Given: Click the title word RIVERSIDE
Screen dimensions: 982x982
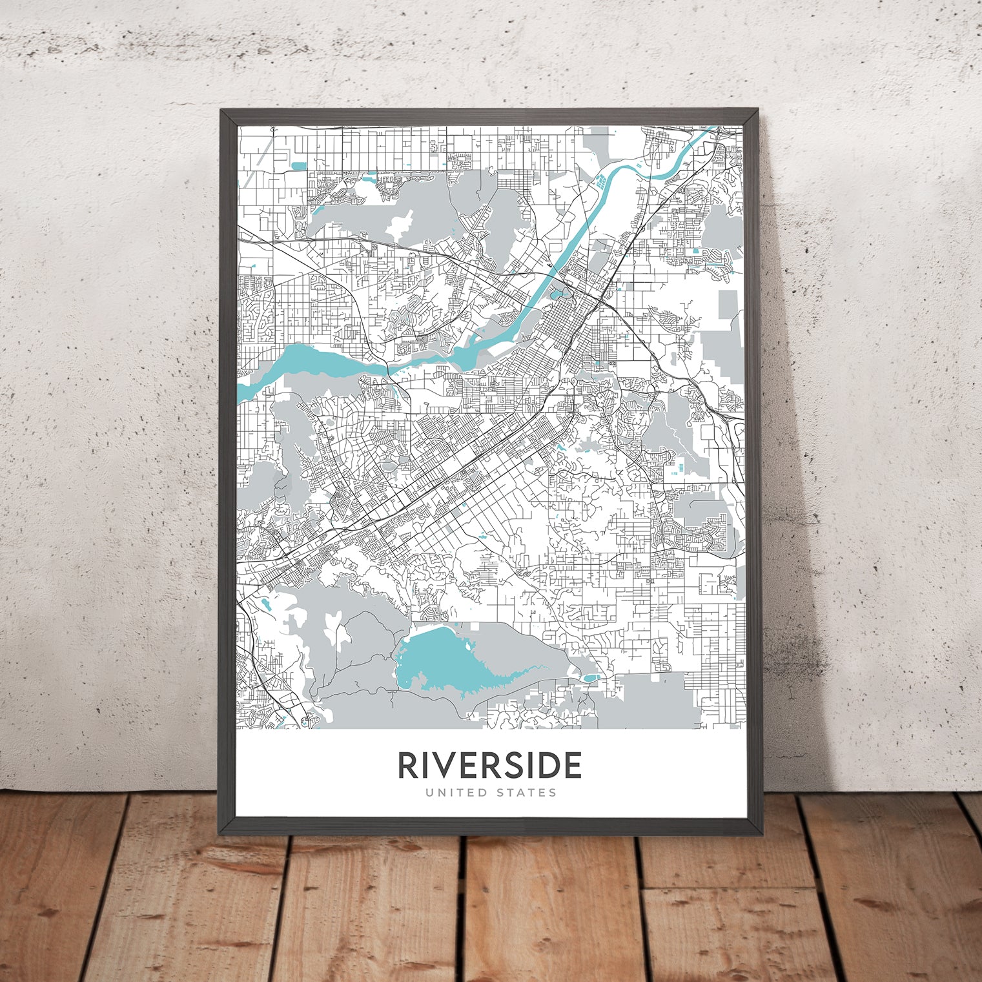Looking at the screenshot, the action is (490, 765).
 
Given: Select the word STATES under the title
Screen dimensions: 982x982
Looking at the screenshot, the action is (526, 792).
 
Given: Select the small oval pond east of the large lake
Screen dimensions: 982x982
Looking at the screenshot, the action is (590, 678).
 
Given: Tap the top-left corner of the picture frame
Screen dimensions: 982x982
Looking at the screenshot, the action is (221, 110).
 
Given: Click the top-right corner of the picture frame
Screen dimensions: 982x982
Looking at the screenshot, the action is (759, 110).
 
